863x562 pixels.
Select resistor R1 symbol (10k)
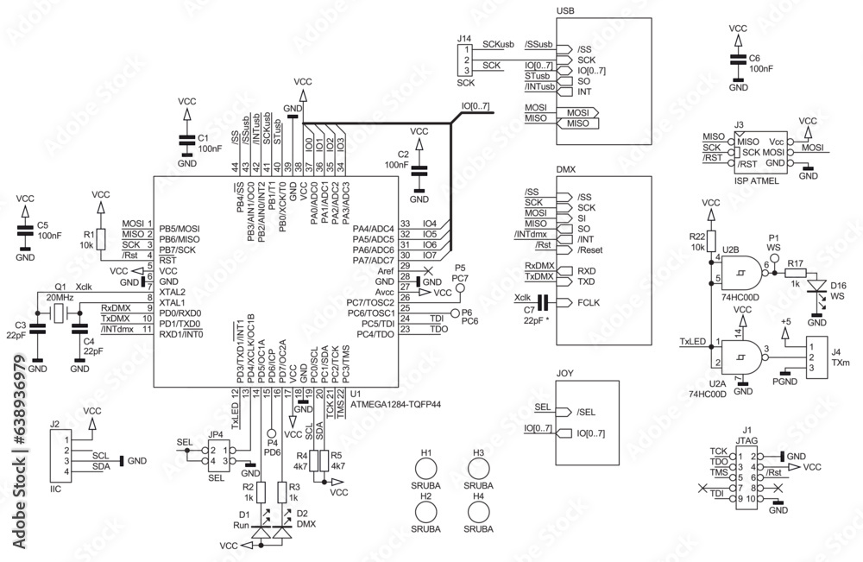click(100, 239)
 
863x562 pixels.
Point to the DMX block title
click(566, 171)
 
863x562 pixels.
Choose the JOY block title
click(565, 374)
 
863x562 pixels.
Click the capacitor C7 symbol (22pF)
click(542, 302)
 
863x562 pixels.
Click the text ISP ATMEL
click(755, 182)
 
